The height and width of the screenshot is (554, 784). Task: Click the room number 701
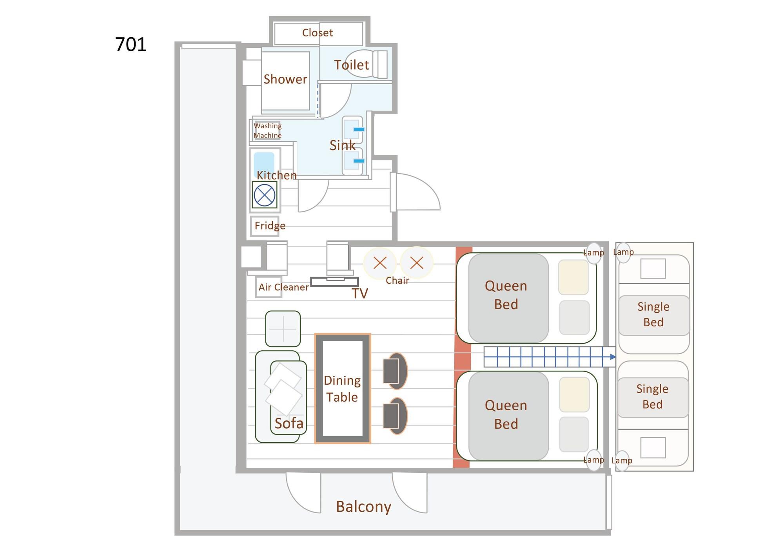(131, 44)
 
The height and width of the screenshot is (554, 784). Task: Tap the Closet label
(317, 33)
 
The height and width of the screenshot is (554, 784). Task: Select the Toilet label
(351, 65)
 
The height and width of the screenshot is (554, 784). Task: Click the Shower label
(285, 79)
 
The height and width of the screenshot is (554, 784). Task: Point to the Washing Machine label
(267, 130)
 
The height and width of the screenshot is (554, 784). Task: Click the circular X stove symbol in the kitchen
(265, 195)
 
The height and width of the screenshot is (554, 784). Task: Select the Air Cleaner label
(283, 287)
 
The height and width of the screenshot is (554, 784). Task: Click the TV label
(359, 293)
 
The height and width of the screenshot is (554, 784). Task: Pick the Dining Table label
(342, 389)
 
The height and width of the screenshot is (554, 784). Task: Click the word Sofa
(289, 424)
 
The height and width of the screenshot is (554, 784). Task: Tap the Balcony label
(363, 507)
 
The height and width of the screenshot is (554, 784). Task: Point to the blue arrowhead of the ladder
(613, 357)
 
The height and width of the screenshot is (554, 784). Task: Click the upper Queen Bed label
(506, 295)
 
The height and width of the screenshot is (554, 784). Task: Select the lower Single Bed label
(652, 396)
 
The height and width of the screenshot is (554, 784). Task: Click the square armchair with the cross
(283, 329)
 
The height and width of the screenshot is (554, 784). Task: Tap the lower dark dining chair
(395, 416)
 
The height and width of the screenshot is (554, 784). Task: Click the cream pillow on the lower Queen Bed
(574, 394)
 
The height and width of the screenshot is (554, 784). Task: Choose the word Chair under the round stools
(397, 281)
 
